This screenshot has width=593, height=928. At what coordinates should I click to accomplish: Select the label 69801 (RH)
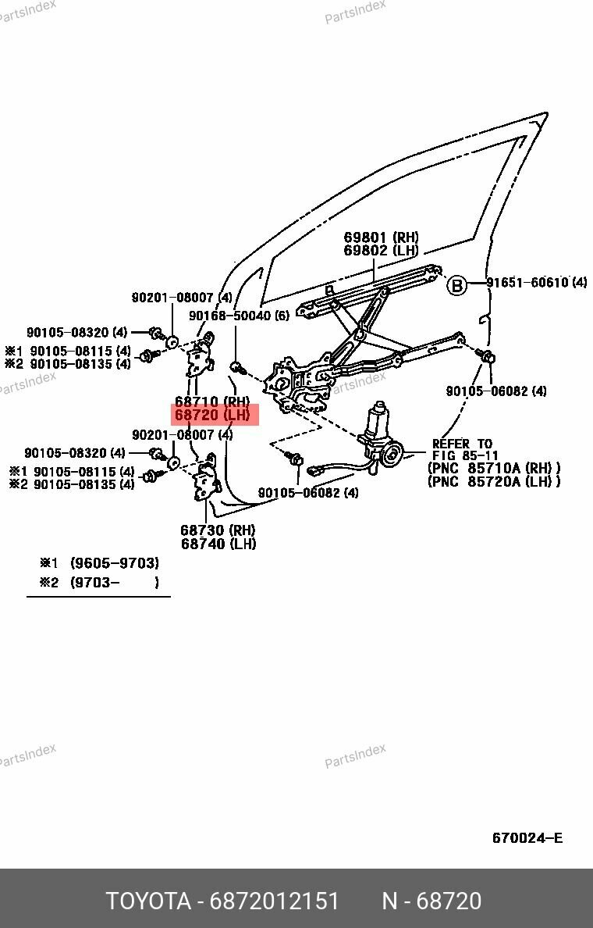pos(381,237)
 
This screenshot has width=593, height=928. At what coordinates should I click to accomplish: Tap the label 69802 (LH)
pos(381,251)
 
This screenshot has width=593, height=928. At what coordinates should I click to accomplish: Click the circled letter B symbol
pos(456,285)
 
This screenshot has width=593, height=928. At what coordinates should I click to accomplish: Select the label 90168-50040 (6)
pos(239,316)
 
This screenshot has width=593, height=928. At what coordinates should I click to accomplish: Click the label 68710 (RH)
pos(211,402)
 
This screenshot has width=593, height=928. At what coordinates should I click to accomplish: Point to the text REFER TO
pos(462,444)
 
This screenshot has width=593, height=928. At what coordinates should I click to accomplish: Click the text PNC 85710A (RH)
pos(493,468)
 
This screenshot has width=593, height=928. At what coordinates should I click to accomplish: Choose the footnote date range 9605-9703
pos(114,562)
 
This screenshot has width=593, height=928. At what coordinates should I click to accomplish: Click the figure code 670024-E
pos(527,838)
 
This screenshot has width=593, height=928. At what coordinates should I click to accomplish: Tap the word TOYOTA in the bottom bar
pos(148,901)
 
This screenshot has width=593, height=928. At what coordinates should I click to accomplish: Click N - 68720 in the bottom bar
pos(431,901)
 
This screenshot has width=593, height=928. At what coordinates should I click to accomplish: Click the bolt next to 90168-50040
pos(236,366)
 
